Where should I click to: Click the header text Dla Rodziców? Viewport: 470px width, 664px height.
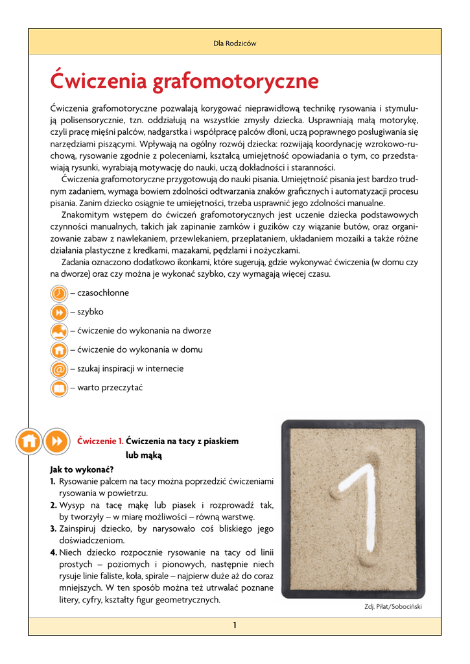[x=235, y=43]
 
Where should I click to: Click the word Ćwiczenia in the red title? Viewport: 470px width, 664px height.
[x=97, y=82]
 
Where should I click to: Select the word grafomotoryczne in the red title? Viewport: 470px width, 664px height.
[x=236, y=83]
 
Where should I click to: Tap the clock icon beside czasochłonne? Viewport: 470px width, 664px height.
[x=58, y=293]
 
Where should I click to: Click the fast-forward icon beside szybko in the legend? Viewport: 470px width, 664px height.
[x=58, y=312]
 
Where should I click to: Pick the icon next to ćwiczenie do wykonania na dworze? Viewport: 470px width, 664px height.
[x=58, y=331]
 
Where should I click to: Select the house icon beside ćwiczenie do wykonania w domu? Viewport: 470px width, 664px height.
[x=58, y=350]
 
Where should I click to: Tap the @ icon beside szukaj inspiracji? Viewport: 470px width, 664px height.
[x=58, y=369]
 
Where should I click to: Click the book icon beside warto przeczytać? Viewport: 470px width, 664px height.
[x=58, y=388]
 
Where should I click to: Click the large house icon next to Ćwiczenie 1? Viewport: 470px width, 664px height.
[x=29, y=441]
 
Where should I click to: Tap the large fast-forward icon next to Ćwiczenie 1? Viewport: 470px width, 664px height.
[x=57, y=441]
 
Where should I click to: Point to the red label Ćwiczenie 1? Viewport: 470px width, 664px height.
[x=100, y=441]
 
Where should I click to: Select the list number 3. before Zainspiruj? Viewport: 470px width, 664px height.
[x=54, y=528]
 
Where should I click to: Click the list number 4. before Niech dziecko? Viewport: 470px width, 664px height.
[x=54, y=552]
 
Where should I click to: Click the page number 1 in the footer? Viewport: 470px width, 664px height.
[x=235, y=625]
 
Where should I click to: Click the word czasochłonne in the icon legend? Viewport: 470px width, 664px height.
[x=103, y=293]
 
